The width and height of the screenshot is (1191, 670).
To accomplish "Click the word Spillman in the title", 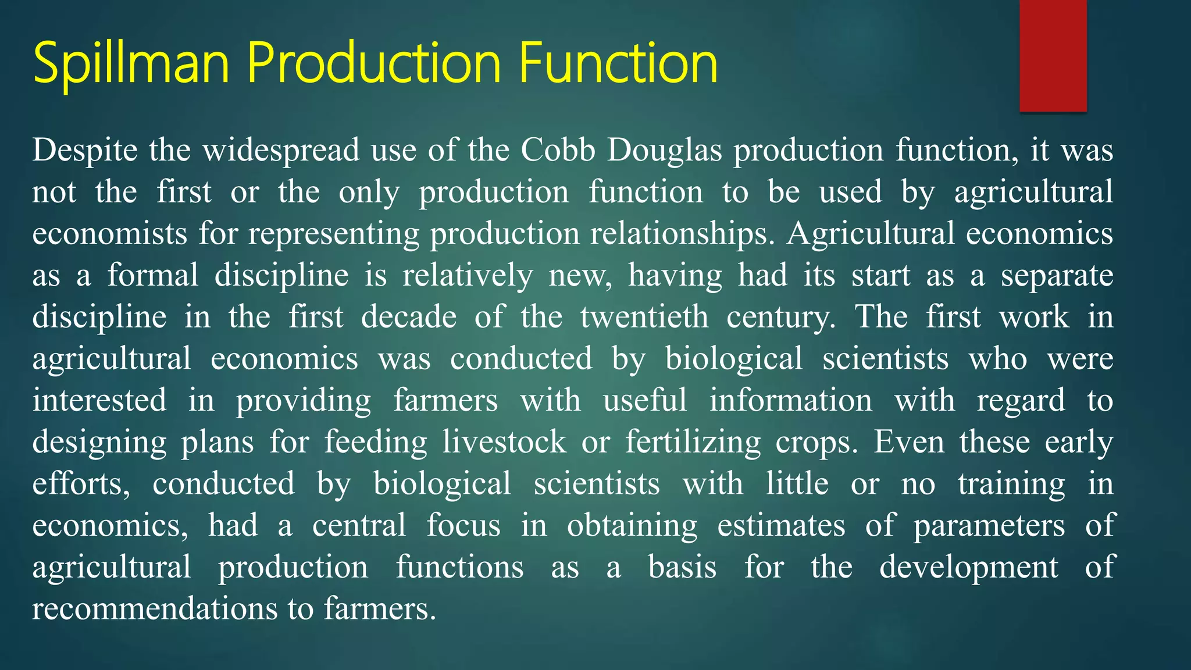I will [131, 63].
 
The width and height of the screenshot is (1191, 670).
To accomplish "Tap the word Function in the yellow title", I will [618, 63].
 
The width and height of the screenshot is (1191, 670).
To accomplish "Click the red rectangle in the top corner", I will [1053, 55].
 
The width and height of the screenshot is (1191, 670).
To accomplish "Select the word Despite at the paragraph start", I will [85, 151].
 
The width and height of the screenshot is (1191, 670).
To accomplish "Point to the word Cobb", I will [558, 151].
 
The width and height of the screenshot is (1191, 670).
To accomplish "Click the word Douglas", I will [664, 151].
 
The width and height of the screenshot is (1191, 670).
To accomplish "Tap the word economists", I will [110, 234].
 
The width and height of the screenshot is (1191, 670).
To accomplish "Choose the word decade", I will [409, 317].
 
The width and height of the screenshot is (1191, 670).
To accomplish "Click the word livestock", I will [504, 442].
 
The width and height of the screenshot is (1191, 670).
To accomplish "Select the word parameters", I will [989, 526].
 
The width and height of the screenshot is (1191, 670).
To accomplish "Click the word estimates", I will [781, 526].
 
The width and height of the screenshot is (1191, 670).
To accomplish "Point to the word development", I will [968, 568].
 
